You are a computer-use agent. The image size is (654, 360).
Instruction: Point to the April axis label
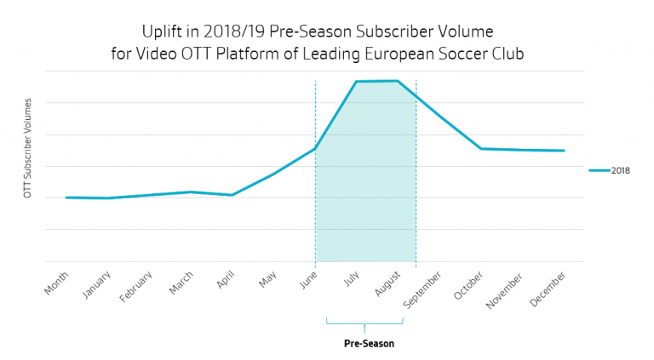pyautogui.click(x=225, y=280)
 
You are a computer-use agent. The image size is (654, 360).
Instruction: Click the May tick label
pyautogui.click(x=267, y=278)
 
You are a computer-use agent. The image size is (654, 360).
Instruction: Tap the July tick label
pyautogui.click(x=351, y=278)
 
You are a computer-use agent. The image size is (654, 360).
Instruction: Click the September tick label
pyautogui.click(x=423, y=287)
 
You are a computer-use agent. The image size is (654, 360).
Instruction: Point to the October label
pyautogui.click(x=470, y=283)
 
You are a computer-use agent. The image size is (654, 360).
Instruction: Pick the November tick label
pyautogui.click(x=506, y=288)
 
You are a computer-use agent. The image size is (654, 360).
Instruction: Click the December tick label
pyautogui.click(x=548, y=287)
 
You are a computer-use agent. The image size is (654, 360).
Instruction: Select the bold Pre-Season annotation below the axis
pyautogui.click(x=369, y=344)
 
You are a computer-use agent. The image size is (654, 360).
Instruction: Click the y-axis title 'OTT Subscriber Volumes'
pyautogui.click(x=28, y=148)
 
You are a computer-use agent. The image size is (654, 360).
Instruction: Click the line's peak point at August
pyautogui.click(x=398, y=81)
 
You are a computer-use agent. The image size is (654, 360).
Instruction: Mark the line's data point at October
pyautogui.click(x=481, y=149)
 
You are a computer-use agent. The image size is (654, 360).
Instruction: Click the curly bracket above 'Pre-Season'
pyautogui.click(x=364, y=324)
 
